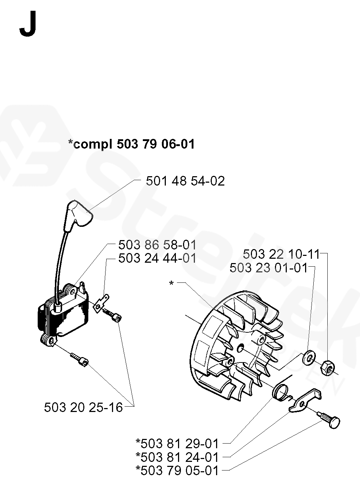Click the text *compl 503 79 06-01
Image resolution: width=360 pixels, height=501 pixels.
pos(131,144)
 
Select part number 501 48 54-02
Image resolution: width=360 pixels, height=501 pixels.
pos(185,181)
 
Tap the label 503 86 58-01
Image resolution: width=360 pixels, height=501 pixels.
pos(157,245)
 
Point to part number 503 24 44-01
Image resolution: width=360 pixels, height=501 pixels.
pos(157,258)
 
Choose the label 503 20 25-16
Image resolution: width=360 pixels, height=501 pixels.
pos(83,407)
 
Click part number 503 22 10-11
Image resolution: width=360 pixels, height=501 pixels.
pos(281,254)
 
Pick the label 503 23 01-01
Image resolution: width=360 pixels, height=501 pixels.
pos(268,268)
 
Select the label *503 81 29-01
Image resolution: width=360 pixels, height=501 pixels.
pos(177,444)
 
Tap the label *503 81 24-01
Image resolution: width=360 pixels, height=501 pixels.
pos(177,457)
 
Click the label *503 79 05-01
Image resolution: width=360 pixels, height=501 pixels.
pos(177,470)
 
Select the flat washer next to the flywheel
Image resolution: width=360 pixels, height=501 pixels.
pos(308,358)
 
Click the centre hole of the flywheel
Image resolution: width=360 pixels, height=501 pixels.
pos(240,347)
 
